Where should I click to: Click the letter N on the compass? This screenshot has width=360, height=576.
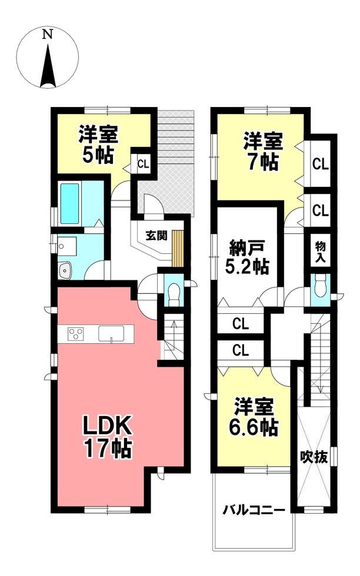(x=47, y=35)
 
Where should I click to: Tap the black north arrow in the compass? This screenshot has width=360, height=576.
(x=48, y=66)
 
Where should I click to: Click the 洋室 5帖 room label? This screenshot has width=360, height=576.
(x=98, y=145)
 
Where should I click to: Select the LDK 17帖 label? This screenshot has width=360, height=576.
(x=107, y=437)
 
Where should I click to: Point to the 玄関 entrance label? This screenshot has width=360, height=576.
(x=156, y=236)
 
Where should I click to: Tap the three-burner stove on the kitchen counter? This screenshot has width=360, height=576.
(x=76, y=334)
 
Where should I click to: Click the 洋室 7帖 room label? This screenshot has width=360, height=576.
(x=263, y=152)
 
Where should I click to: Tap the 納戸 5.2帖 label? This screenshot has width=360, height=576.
(x=247, y=258)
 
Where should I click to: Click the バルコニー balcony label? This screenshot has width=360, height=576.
(x=254, y=510)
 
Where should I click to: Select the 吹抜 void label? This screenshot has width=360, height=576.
(x=314, y=457)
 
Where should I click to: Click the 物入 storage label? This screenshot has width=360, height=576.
(x=320, y=252)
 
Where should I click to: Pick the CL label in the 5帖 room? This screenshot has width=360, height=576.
(x=143, y=164)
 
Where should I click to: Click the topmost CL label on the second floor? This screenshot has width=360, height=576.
(x=320, y=164)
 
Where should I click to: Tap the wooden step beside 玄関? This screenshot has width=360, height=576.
(x=178, y=249)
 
